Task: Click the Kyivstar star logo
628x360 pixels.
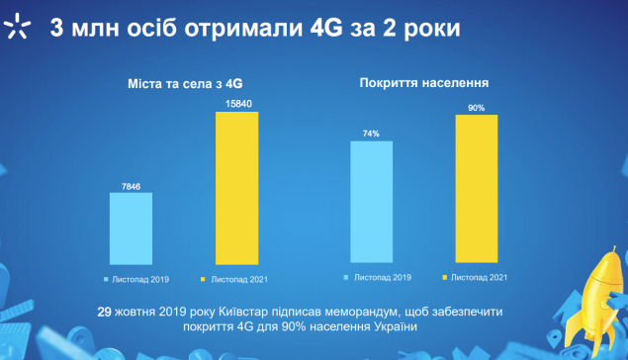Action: click(17, 27)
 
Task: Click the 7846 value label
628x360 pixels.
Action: click(131, 187)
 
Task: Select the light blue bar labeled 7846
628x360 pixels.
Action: click(131, 228)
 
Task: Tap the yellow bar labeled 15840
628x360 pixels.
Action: click(237, 188)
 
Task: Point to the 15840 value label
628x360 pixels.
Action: click(238, 104)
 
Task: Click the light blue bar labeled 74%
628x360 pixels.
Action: click(371, 202)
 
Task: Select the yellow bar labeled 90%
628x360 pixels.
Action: click(477, 189)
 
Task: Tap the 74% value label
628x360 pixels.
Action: click(371, 134)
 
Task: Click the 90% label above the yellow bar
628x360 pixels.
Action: click(477, 108)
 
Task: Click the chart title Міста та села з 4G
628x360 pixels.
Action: click(185, 84)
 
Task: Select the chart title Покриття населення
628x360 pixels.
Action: click(424, 83)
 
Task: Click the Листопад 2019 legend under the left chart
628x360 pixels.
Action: click(136, 280)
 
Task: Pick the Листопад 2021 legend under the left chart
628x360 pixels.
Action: click(234, 280)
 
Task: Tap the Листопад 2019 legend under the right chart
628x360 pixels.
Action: click(378, 278)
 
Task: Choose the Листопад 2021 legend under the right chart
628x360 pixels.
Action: click(475, 278)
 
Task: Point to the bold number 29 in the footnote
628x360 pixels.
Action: click(104, 312)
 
